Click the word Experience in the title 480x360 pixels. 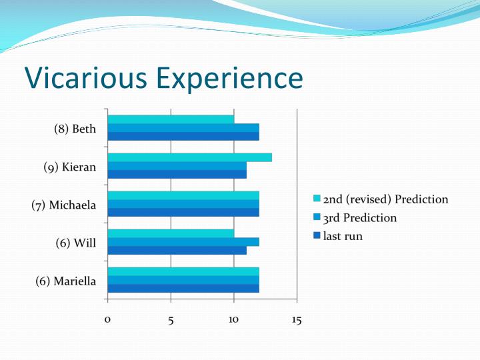pos(229,79)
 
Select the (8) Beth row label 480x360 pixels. pos(75,129)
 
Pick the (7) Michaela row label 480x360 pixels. pos(64,205)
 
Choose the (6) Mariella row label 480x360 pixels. pos(65,281)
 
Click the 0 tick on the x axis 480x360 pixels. pos(107,320)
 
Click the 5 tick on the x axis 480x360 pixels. pos(171,320)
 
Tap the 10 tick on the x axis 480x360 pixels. pos(234,320)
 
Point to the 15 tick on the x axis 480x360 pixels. pos(297,320)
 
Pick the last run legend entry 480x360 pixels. pos(343,235)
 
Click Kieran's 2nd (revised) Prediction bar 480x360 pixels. pos(189,157)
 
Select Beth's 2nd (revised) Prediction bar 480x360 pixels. pos(171,119)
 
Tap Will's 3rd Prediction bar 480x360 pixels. pos(183,242)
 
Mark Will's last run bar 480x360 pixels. pos(177,251)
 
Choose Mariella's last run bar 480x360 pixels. pos(183,289)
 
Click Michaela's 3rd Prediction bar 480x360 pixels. pos(183,204)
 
